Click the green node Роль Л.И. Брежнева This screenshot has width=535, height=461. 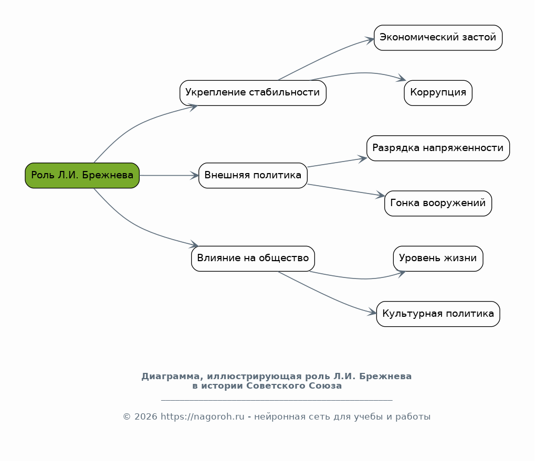click(82, 175)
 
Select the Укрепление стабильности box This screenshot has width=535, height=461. click(253, 93)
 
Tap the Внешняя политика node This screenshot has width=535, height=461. click(253, 175)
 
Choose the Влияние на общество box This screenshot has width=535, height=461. click(253, 258)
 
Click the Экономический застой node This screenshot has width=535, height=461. click(438, 38)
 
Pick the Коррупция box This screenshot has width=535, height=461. click(438, 93)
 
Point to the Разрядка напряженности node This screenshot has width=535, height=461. click(438, 148)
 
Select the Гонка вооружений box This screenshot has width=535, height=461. click(438, 203)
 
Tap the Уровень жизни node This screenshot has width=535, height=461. click(438, 258)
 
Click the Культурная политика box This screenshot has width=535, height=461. click(438, 314)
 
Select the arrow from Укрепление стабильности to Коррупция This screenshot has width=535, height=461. click(362, 73)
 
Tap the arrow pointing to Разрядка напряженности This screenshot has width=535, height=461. click(336, 163)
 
